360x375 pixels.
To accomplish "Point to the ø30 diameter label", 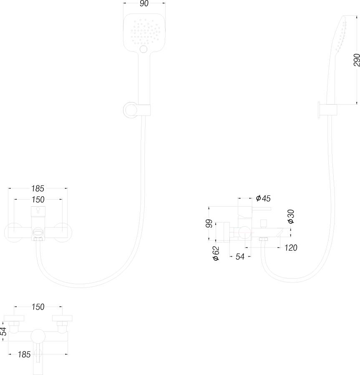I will coord(291,216).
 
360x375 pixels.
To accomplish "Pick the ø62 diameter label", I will coord(216,252).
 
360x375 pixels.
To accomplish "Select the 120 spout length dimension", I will coord(291,248).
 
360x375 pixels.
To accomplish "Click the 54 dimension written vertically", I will coord(4,332).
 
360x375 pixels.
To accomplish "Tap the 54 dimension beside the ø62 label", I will coord(239,257).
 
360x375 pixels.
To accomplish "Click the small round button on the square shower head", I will coord(144,50).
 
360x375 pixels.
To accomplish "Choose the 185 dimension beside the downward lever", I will coord(24,355).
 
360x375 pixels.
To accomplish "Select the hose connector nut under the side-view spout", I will coord(264,239).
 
